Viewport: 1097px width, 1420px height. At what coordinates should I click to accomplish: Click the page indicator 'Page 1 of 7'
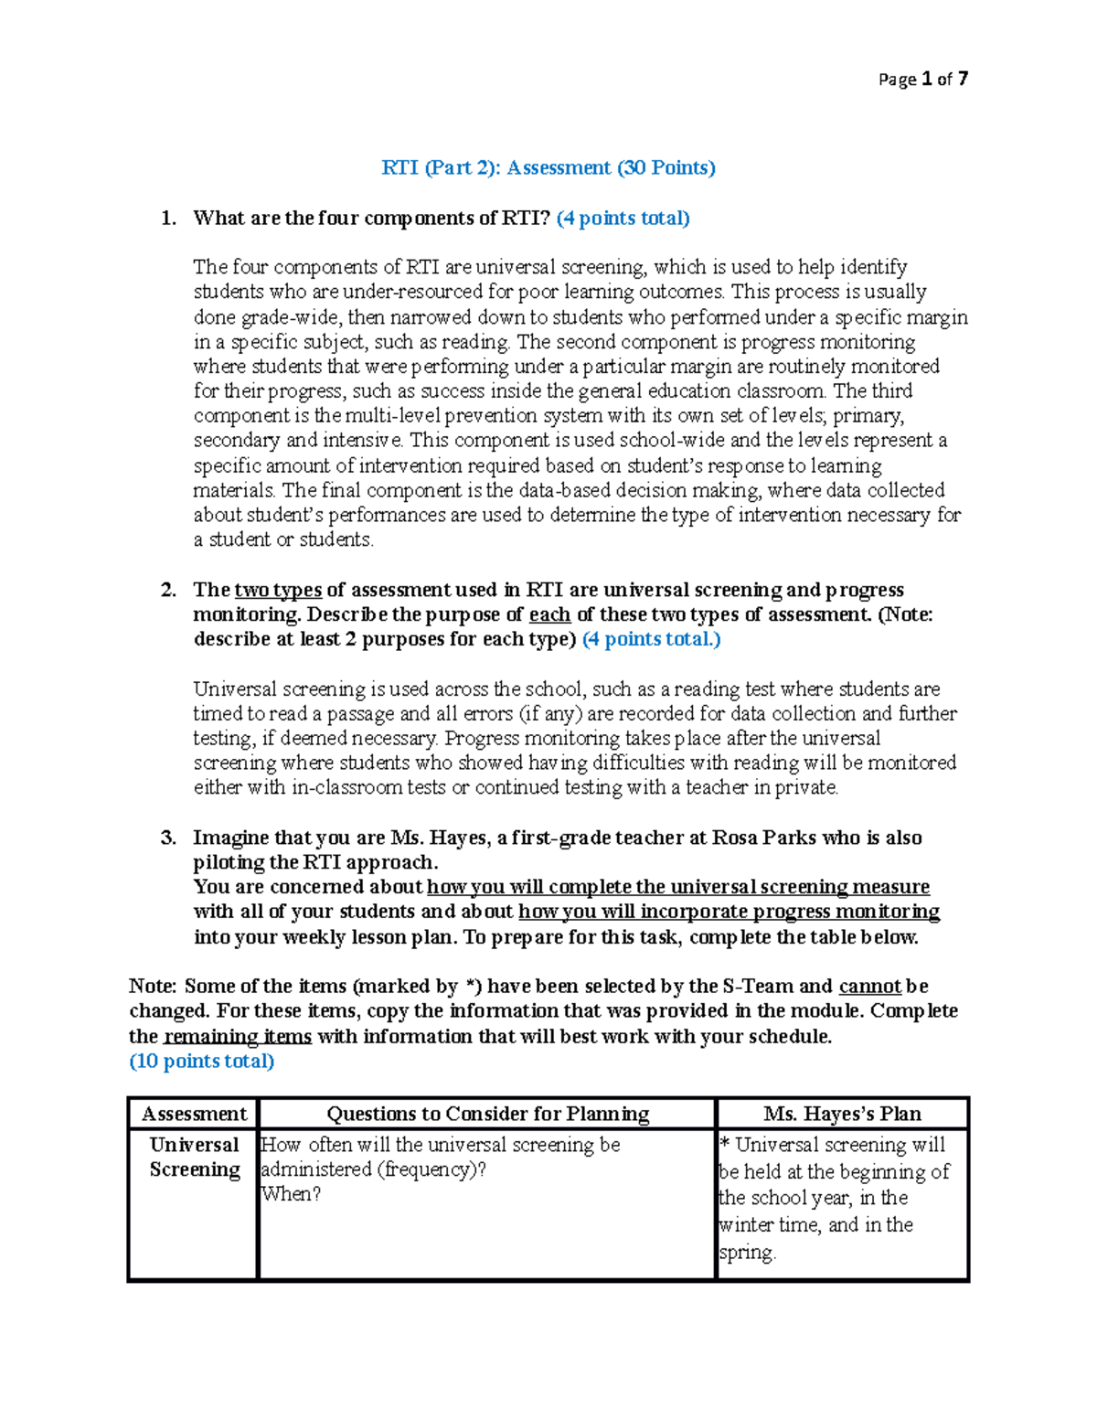click(922, 80)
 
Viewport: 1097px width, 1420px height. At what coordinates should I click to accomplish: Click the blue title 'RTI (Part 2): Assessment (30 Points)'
click(548, 167)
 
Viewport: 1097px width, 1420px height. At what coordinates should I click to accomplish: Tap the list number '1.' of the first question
click(168, 218)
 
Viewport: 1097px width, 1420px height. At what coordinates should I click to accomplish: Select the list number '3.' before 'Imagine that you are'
click(168, 838)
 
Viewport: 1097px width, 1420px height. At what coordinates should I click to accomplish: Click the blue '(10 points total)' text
click(201, 1061)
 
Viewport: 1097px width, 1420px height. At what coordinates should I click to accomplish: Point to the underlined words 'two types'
click(278, 590)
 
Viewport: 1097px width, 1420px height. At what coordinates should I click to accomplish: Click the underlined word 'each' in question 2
click(549, 614)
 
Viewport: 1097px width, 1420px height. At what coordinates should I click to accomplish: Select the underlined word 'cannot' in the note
click(869, 986)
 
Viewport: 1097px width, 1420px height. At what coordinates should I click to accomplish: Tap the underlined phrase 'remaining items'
click(238, 1036)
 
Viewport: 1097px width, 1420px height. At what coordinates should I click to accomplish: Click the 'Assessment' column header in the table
click(194, 1114)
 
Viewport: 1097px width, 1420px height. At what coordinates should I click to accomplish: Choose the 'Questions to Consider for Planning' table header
click(487, 1114)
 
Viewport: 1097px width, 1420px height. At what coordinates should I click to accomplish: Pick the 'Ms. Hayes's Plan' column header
click(842, 1114)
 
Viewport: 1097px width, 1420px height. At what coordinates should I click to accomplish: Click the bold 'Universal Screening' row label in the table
click(194, 1157)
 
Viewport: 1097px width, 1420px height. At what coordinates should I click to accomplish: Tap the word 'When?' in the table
click(291, 1193)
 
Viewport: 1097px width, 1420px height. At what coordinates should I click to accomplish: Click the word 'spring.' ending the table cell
click(747, 1253)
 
